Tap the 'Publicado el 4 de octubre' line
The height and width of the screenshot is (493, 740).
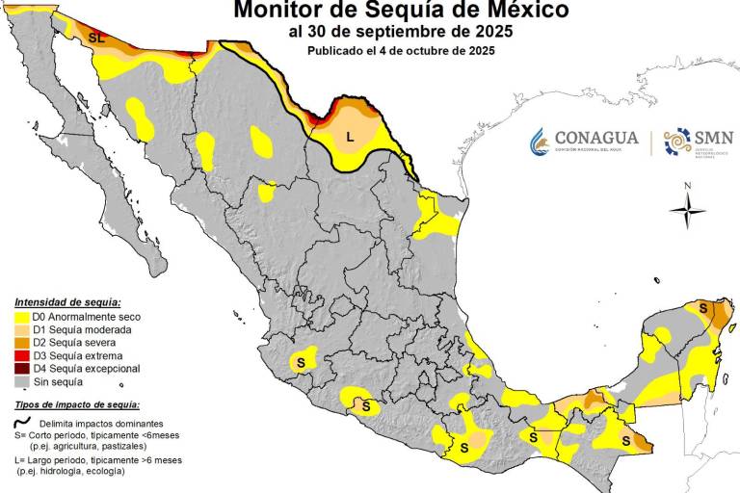click(401, 51)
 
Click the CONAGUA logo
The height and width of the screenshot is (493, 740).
click(583, 142)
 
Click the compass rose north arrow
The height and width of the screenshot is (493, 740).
click(687, 209)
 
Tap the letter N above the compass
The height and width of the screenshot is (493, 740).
click(687, 186)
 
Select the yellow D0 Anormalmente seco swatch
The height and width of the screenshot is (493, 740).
click(21, 317)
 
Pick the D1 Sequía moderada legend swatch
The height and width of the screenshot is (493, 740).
click(21, 329)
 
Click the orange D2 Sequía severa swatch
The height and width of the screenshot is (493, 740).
click(21, 343)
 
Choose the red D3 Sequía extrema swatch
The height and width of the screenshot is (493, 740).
click(21, 355)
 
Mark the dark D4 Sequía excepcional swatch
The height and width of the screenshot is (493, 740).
click(21, 369)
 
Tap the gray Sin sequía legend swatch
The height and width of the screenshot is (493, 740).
click(21, 381)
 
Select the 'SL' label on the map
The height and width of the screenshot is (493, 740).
click(96, 38)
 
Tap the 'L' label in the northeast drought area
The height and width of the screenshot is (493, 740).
click(350, 137)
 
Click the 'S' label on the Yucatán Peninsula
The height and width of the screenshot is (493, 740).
click(703, 308)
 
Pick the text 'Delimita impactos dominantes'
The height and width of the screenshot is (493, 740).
click(101, 424)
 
